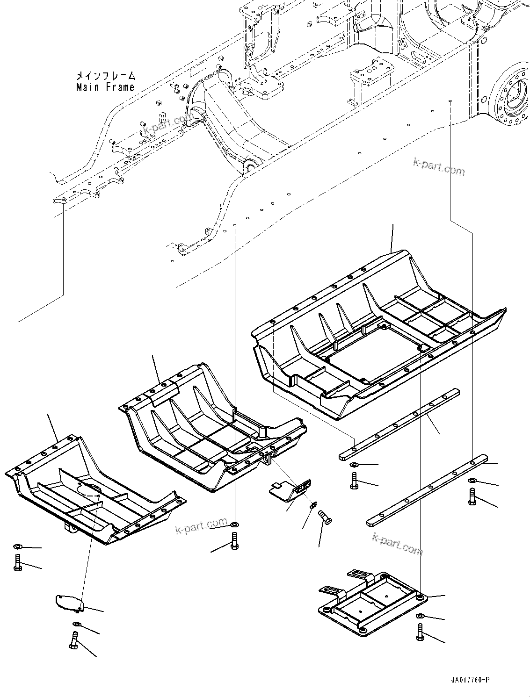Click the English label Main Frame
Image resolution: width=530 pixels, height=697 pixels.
105,87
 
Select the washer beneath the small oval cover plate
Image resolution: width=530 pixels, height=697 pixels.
76,624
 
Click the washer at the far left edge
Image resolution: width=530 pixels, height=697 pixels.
17,546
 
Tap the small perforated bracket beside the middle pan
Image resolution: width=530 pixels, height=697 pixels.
291,491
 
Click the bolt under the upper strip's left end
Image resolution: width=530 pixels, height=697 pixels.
354,480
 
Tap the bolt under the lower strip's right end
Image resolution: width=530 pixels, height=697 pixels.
472,496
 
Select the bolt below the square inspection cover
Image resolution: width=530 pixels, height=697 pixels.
420,632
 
